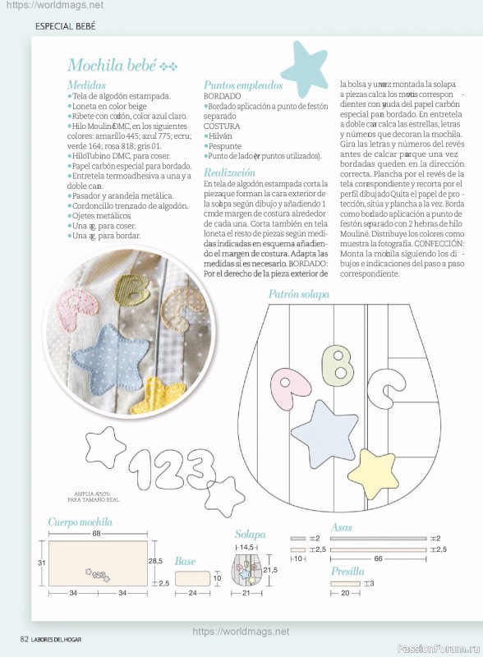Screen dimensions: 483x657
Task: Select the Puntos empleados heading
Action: point(243,85)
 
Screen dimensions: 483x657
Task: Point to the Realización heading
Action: point(229,173)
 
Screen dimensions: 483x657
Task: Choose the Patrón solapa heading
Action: point(298,294)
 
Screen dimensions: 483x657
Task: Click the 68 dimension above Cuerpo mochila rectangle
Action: point(97,533)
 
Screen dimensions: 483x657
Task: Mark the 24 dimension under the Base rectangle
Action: point(192,592)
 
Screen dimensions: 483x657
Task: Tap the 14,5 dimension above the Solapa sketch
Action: point(246,546)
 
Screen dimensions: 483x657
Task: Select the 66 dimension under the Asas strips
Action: point(379,558)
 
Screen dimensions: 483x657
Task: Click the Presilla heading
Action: point(347,571)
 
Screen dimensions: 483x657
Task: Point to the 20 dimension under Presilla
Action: point(345,592)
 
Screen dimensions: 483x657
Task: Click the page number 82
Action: point(25,639)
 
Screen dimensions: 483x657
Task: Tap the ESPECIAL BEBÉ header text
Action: point(66,26)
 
